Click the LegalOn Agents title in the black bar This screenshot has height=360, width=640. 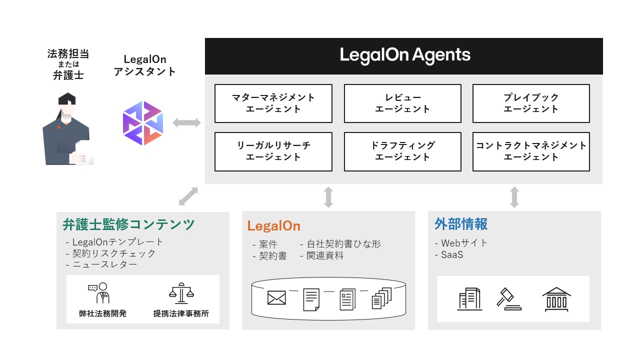(405, 55)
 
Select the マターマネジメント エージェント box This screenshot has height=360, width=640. (273, 103)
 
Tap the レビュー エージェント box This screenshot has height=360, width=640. (402, 103)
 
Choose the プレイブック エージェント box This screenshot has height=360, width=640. (531, 103)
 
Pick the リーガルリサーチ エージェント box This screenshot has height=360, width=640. (273, 151)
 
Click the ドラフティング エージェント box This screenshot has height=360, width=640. (402, 151)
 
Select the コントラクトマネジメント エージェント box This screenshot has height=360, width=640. (531, 151)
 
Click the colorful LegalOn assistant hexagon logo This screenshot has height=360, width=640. (143, 123)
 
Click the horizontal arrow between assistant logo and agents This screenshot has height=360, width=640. (186, 122)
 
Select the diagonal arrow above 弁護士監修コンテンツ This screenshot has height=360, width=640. (188, 196)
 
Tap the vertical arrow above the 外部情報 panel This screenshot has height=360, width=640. (514, 197)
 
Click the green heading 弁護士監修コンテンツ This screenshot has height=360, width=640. (128, 224)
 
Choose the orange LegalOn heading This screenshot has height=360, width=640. (274, 226)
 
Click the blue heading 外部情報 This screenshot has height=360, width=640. (461, 224)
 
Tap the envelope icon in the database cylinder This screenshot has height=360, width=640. (276, 298)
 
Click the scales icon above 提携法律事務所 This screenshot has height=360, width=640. (180, 293)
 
